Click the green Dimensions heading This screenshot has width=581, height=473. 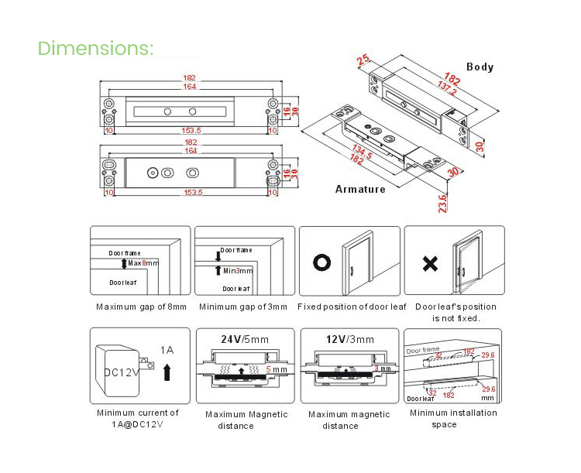(x=96, y=48)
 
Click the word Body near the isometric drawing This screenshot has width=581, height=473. (x=480, y=67)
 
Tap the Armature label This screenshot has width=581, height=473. (x=359, y=190)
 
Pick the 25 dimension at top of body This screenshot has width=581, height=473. (x=363, y=60)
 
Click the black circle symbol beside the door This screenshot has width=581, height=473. (x=321, y=262)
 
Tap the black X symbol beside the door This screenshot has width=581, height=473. (x=430, y=262)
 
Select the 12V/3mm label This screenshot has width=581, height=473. (x=349, y=339)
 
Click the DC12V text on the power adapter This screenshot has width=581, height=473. (x=122, y=372)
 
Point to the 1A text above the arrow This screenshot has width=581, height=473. (x=167, y=351)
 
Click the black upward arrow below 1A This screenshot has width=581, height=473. (x=167, y=374)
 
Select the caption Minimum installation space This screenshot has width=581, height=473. (x=453, y=419)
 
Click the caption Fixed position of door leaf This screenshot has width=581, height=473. (x=352, y=307)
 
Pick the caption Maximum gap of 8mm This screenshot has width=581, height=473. (x=141, y=307)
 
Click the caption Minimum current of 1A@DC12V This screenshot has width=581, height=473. (x=138, y=419)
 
